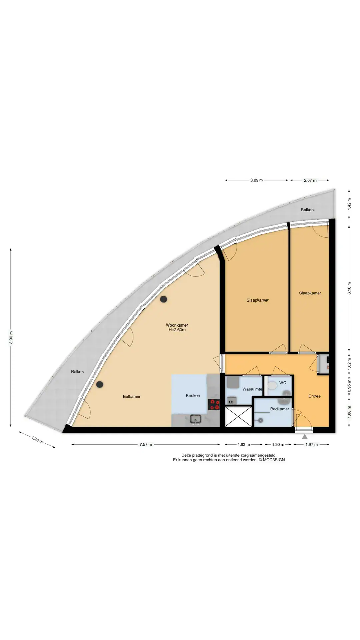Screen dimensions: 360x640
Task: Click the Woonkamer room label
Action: [x=177, y=325]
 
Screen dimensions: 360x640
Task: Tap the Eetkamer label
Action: [x=132, y=396]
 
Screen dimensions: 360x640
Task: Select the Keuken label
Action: [x=193, y=395]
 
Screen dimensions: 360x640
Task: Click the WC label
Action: [x=283, y=383]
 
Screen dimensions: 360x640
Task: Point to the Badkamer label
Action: [x=280, y=409]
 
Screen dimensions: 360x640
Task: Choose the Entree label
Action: [x=314, y=396]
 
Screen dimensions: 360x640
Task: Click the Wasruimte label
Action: [x=252, y=389]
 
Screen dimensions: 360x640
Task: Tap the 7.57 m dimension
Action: [x=146, y=444]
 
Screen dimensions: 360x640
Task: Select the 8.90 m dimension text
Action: [x=11, y=337]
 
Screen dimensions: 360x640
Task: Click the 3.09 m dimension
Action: [x=256, y=180]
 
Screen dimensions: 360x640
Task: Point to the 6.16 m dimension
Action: [x=349, y=288]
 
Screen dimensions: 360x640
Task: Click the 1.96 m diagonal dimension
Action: [x=37, y=440]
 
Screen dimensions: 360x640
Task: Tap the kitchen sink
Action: [x=195, y=419]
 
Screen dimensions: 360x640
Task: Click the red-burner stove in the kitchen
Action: [x=214, y=404]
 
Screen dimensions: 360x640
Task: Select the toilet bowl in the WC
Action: [x=272, y=386]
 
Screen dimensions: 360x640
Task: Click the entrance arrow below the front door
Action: [x=305, y=437]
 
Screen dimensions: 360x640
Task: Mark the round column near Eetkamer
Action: [x=99, y=384]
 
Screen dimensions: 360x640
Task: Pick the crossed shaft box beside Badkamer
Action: [x=238, y=416]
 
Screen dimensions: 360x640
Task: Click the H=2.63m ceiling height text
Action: [x=177, y=330]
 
